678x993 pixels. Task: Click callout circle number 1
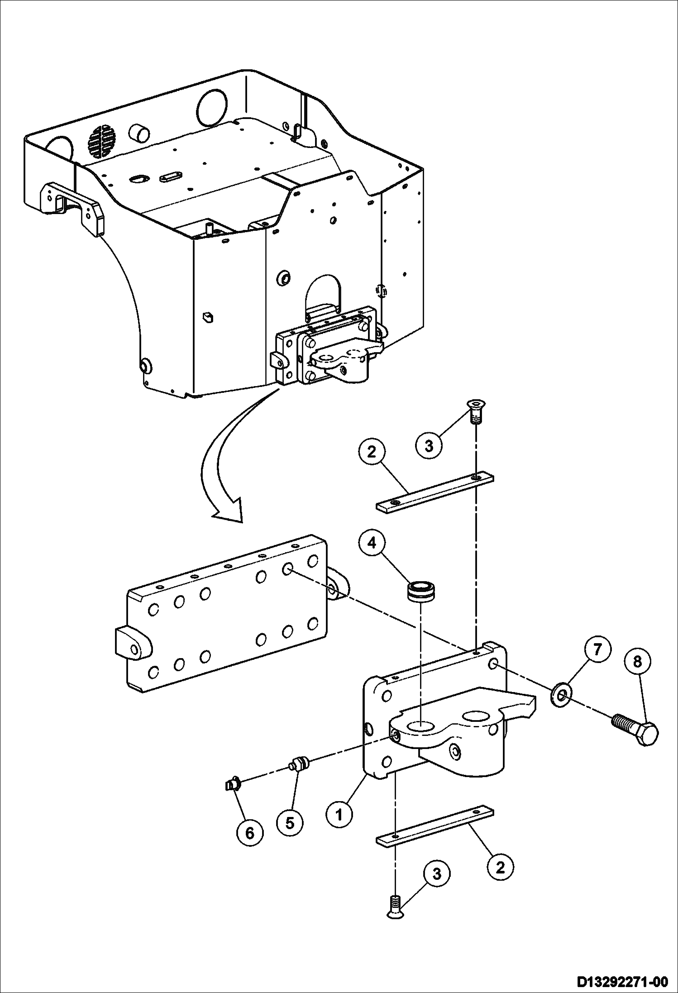pos(339,815)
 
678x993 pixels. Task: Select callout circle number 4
pos(372,543)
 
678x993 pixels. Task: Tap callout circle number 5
pos(290,822)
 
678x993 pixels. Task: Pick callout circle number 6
pos(250,832)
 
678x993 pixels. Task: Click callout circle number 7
pos(597,649)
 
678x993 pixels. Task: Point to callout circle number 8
pos(637,662)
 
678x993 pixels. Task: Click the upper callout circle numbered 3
pos(429,445)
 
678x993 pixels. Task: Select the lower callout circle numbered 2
pos(500,867)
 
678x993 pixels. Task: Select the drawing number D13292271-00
pos(622,979)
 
